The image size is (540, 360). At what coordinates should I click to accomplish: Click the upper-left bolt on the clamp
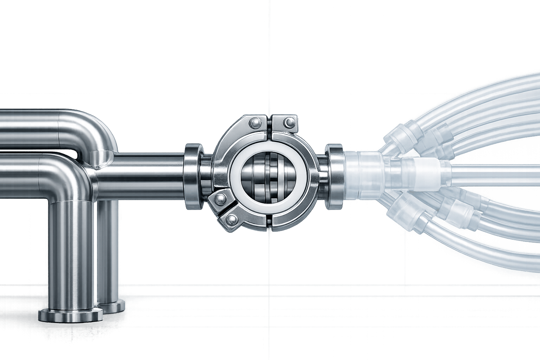point(254,123)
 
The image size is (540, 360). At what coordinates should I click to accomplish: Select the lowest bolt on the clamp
point(232,220)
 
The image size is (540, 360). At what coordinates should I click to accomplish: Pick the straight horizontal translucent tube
point(492,172)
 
